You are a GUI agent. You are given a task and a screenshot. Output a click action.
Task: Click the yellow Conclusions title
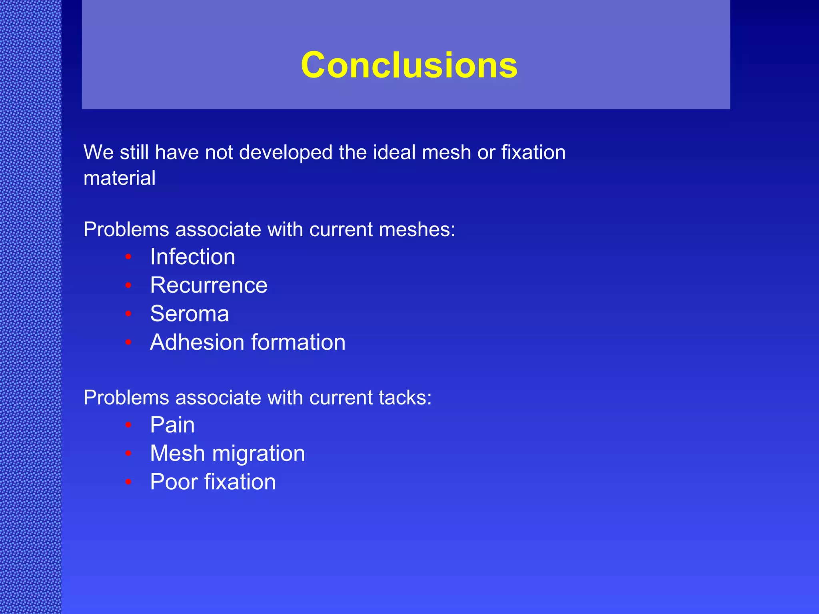pyautogui.click(x=409, y=65)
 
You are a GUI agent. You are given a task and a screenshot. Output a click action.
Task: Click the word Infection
pyautogui.click(x=192, y=257)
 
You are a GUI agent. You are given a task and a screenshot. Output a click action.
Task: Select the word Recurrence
pyautogui.click(x=209, y=285)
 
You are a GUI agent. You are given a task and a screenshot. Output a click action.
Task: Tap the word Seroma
pyautogui.click(x=190, y=314)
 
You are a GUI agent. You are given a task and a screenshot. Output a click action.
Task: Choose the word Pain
pyautogui.click(x=172, y=425)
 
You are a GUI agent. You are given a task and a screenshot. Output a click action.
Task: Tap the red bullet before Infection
pyautogui.click(x=128, y=257)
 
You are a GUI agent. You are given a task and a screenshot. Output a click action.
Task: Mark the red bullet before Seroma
pyautogui.click(x=128, y=314)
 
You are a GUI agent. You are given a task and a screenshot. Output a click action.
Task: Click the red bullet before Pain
pyautogui.click(x=128, y=425)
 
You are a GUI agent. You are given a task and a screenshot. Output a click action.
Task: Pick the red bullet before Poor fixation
pyautogui.click(x=128, y=482)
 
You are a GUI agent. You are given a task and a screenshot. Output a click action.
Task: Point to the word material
pyautogui.click(x=119, y=178)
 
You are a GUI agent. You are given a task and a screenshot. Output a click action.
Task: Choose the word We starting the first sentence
pyautogui.click(x=99, y=153)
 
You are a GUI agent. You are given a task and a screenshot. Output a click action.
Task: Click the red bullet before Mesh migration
pyautogui.click(x=128, y=453)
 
